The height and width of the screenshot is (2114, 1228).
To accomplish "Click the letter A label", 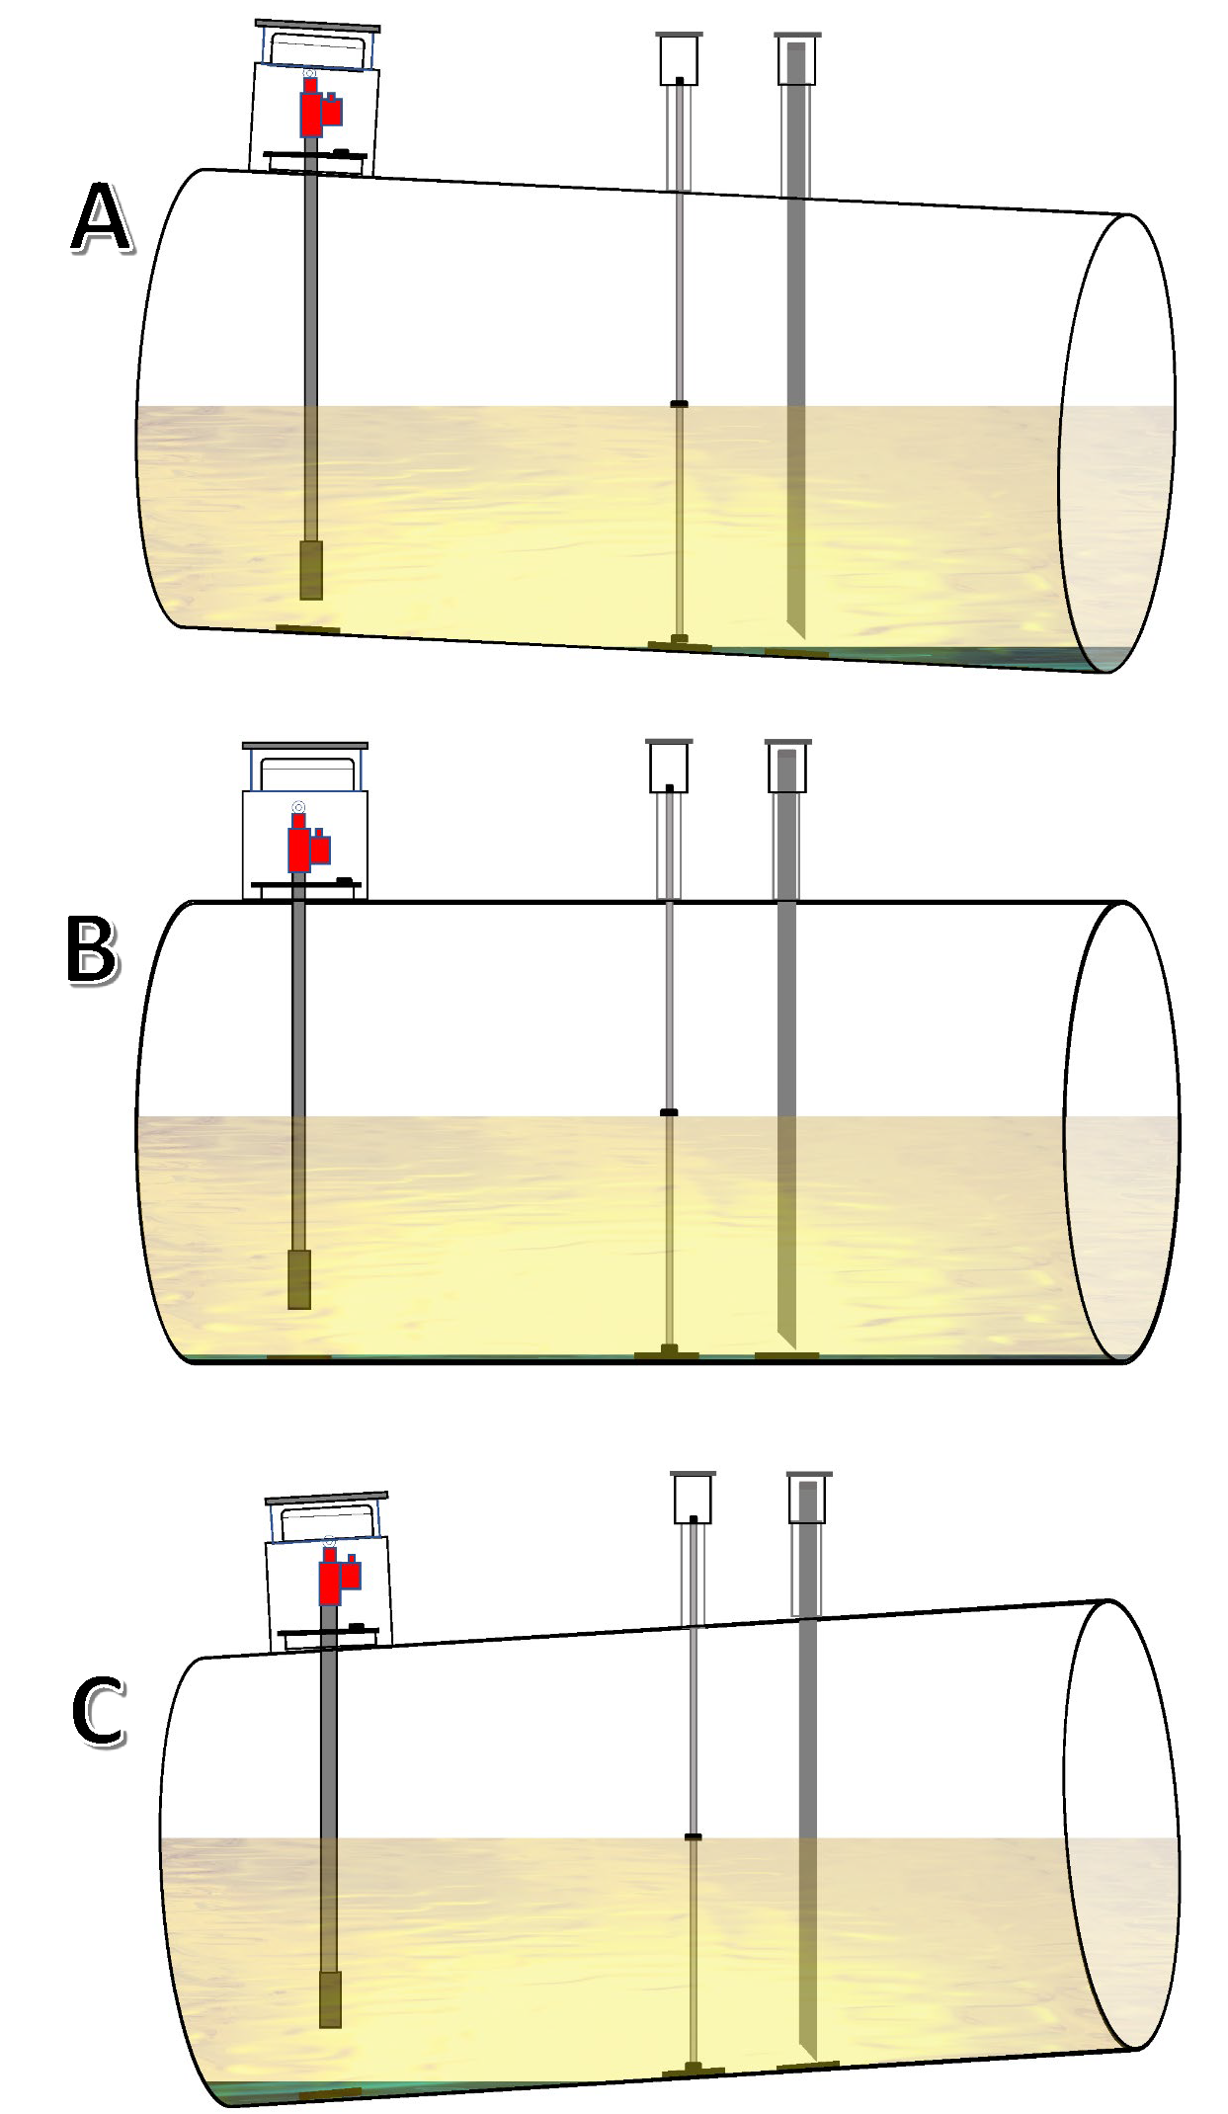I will (x=101, y=220).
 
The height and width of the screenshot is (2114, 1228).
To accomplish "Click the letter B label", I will (x=91, y=949).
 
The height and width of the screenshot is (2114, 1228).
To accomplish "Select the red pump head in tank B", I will (x=305, y=847).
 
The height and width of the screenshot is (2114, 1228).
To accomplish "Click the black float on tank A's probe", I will (x=679, y=404).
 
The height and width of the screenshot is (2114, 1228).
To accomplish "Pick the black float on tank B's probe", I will (x=669, y=1113).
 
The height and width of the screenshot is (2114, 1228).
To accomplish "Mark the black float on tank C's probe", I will (x=694, y=1837).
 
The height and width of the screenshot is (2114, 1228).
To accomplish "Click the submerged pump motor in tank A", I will (x=311, y=570).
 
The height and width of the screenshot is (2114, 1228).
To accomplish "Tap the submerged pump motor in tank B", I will (x=299, y=1279).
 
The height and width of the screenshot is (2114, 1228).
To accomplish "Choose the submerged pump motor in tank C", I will (x=331, y=1999).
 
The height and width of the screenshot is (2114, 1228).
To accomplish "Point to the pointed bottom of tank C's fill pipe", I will (x=811, y=2054).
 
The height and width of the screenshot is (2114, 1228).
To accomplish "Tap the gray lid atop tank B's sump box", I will (x=305, y=746).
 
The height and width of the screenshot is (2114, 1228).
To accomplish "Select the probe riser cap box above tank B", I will (x=669, y=768).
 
